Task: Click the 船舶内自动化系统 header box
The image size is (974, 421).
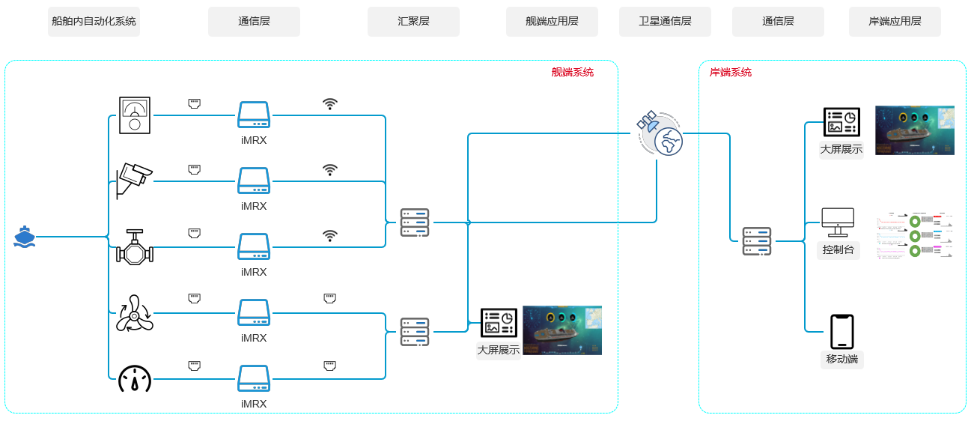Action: [94, 22]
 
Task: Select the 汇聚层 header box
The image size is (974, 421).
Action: [413, 22]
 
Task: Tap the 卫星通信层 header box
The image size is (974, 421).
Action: [665, 22]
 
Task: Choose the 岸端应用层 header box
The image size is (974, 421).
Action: [895, 22]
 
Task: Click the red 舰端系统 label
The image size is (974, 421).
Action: [572, 73]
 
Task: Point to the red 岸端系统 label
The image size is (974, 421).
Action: [731, 73]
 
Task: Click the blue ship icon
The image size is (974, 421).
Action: [25, 237]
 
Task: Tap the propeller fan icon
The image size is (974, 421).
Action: [135, 313]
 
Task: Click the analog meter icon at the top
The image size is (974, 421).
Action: [135, 115]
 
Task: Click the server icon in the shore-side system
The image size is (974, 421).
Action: [756, 241]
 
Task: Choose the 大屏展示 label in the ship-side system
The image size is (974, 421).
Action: [499, 350]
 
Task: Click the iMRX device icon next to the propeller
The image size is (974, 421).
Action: [254, 312]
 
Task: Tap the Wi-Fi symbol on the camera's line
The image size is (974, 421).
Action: [330, 170]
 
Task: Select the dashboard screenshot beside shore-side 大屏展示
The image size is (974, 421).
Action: [914, 130]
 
